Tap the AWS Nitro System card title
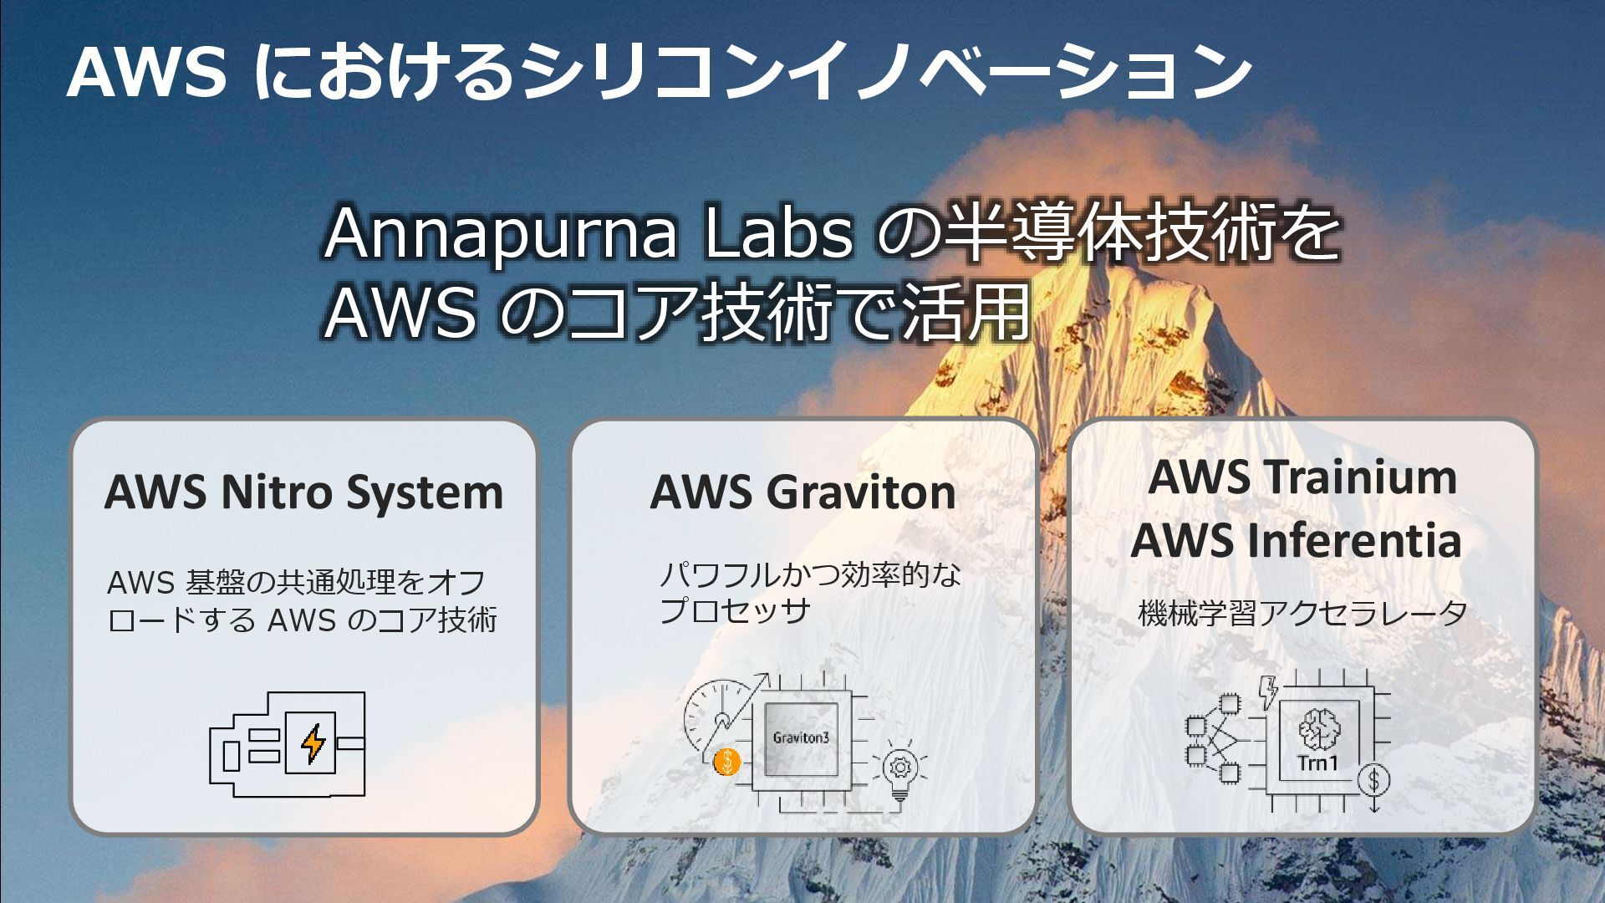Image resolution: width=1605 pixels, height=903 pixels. click(x=303, y=492)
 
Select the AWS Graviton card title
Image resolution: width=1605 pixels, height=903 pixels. click(x=802, y=492)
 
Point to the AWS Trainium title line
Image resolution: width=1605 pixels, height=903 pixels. click(x=1302, y=477)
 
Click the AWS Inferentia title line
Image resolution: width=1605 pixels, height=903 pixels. click(x=1296, y=540)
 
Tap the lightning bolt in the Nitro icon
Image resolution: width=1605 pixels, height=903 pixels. click(x=313, y=743)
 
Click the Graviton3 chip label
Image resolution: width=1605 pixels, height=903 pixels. click(x=801, y=738)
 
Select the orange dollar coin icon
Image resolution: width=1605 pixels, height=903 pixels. click(x=727, y=762)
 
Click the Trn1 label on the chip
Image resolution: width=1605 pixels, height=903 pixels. click(x=1317, y=763)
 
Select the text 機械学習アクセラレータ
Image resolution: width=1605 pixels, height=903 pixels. click(x=1302, y=613)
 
